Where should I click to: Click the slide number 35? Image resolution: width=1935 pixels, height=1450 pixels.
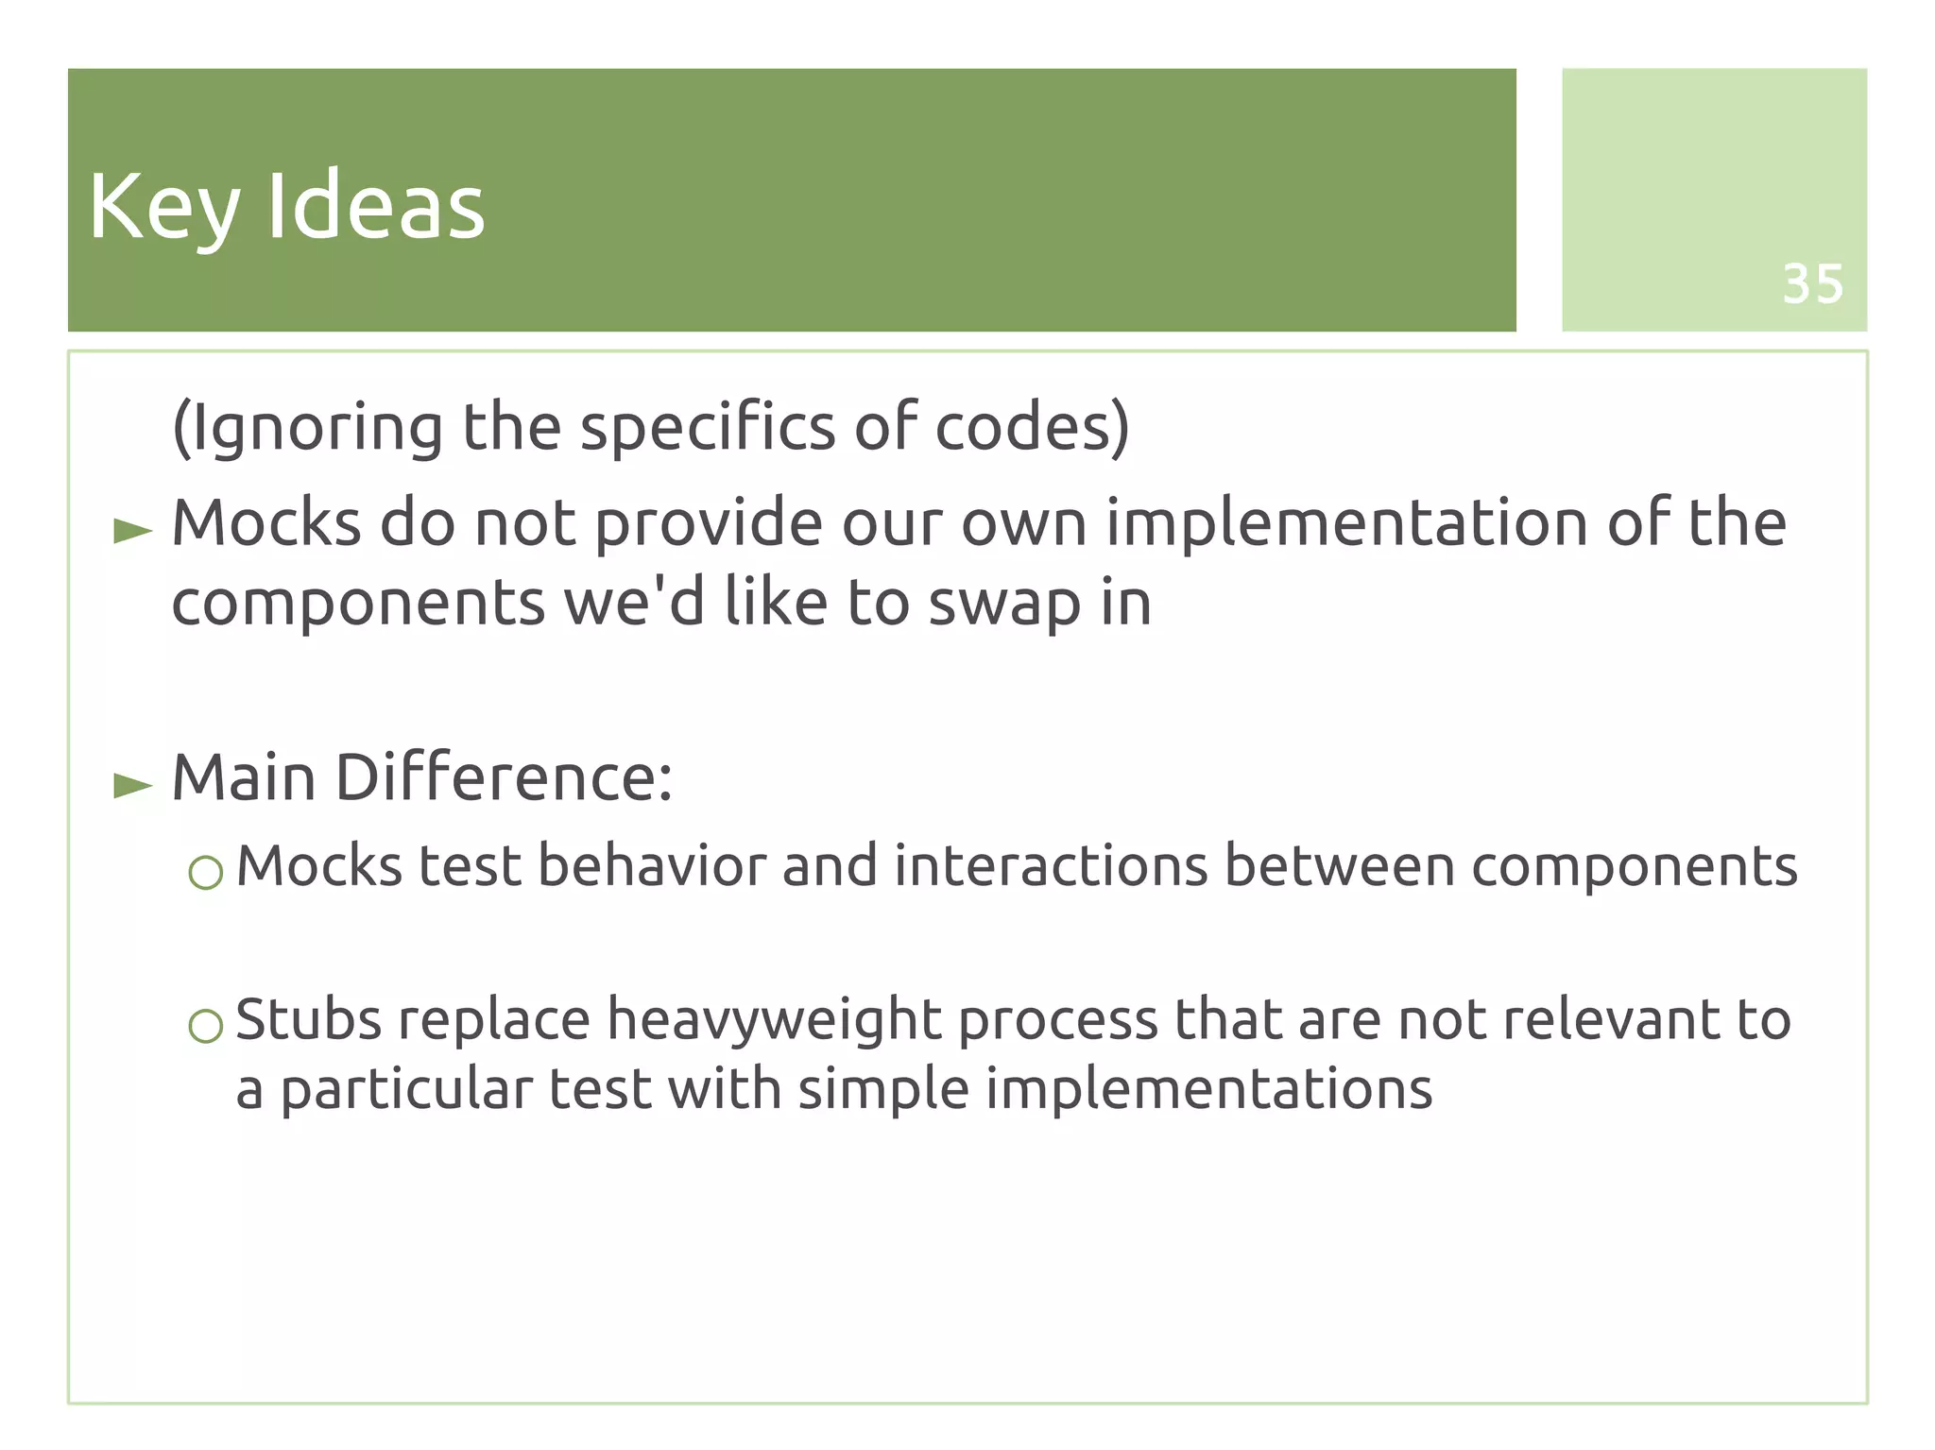click(1812, 283)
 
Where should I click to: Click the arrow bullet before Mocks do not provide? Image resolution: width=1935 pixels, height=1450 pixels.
click(132, 531)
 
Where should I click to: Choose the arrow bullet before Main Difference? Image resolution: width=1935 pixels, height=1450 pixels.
click(132, 785)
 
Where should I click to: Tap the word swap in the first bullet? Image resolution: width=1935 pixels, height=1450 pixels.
click(1004, 605)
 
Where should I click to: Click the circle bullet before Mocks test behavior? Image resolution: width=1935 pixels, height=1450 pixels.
click(205, 873)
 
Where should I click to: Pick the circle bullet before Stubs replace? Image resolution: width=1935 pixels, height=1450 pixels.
click(205, 1026)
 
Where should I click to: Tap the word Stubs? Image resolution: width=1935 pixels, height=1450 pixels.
click(307, 1019)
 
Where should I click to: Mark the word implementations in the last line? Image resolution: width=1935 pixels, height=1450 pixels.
click(1208, 1090)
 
